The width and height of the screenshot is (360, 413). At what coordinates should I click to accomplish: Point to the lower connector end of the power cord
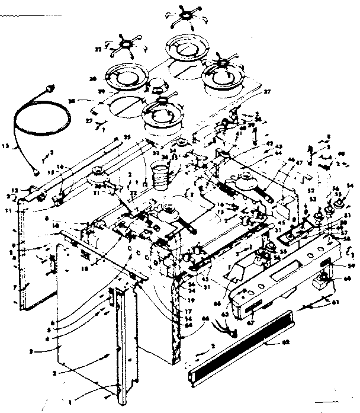tap(37, 172)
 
